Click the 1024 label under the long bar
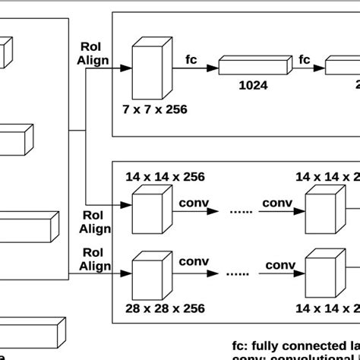point(252,86)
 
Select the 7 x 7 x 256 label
point(155,109)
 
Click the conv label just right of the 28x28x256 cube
point(194,262)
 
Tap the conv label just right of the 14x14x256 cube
point(194,203)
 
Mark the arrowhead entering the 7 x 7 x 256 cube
point(126,69)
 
